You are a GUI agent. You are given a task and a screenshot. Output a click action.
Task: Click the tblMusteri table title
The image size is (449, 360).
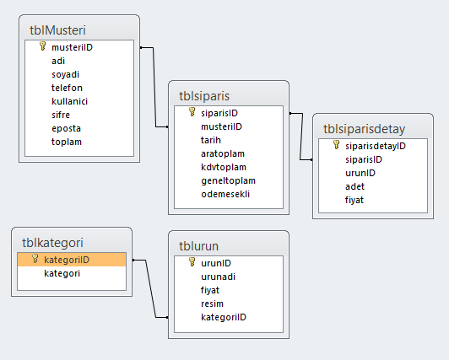tap(57, 30)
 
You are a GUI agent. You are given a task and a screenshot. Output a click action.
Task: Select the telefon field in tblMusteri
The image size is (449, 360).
tap(67, 88)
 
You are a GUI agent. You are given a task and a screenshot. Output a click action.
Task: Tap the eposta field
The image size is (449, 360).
tap(66, 128)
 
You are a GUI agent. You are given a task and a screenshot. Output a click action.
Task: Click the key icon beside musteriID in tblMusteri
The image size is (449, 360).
tap(43, 46)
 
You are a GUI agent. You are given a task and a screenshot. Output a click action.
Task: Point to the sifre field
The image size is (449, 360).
tap(61, 115)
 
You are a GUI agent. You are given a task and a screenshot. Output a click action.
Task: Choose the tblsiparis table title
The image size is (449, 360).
tap(204, 96)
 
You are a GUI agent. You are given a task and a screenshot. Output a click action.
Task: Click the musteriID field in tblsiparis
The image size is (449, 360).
tap(221, 126)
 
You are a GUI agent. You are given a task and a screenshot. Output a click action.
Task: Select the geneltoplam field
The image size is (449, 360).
tap(228, 180)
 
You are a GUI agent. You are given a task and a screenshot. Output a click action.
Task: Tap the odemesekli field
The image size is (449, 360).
tap(225, 194)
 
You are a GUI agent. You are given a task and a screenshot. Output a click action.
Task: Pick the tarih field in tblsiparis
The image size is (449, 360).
tap(211, 140)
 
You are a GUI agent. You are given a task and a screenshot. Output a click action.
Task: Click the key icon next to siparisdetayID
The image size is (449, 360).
tap(337, 145)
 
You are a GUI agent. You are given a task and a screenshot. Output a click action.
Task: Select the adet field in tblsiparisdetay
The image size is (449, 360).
tap(354, 186)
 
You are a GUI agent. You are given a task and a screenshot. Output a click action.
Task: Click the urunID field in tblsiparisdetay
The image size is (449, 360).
tap(360, 173)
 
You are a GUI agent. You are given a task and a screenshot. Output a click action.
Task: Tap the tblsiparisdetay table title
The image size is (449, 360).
tap(365, 129)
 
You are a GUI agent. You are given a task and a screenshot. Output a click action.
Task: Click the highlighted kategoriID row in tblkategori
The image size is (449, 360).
tap(72, 260)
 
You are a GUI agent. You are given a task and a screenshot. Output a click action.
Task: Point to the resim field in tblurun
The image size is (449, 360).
tap(212, 304)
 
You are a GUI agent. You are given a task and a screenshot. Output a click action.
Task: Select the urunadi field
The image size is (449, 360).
tap(219, 277)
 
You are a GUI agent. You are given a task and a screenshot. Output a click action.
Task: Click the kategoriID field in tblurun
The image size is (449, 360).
tap(224, 317)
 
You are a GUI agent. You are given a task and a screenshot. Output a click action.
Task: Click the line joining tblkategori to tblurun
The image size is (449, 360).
tap(150, 289)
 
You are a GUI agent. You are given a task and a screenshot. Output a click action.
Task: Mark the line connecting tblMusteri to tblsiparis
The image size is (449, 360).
tap(154, 87)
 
